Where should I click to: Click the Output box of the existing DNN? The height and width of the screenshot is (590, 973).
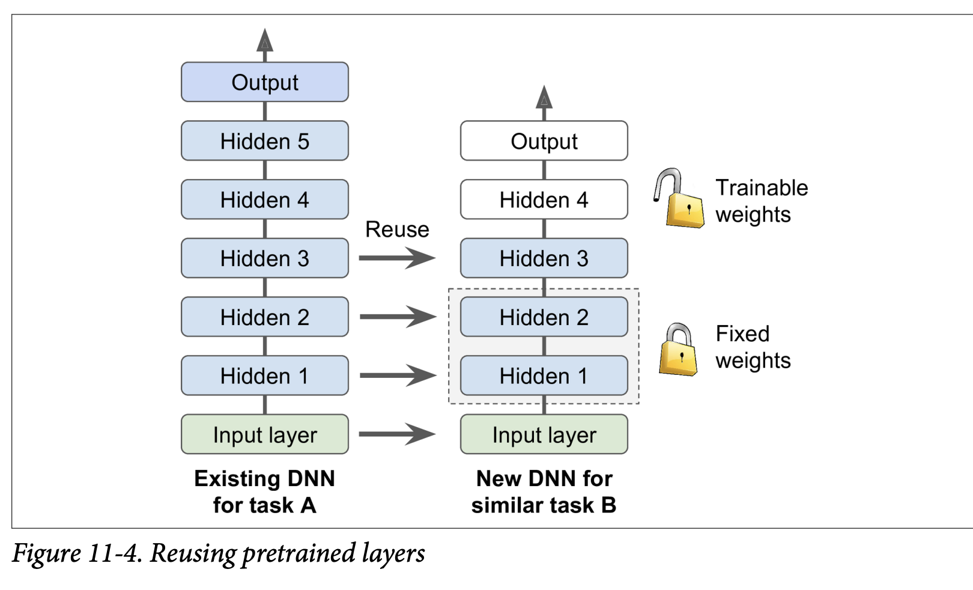pyautogui.click(x=265, y=82)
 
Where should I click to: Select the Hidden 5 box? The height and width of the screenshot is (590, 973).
pyautogui.click(x=265, y=141)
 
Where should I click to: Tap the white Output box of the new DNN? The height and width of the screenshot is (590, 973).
pyautogui.click(x=544, y=141)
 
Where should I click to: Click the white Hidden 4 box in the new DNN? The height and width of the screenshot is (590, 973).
pyautogui.click(x=544, y=199)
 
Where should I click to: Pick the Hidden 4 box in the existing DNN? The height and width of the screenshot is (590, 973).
pyautogui.click(x=265, y=199)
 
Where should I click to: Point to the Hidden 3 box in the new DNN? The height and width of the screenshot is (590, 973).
pyautogui.click(x=544, y=258)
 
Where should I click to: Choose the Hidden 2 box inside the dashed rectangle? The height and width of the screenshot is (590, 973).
pyautogui.click(x=544, y=317)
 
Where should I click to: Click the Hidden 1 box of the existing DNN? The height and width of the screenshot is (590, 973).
pyautogui.click(x=265, y=376)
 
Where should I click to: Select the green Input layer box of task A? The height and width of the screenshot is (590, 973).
pyautogui.click(x=265, y=434)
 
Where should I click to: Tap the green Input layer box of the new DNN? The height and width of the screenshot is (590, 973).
pyautogui.click(x=544, y=434)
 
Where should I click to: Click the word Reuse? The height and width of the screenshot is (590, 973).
pyautogui.click(x=397, y=230)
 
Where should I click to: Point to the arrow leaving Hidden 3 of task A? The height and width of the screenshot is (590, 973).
pyautogui.click(x=396, y=258)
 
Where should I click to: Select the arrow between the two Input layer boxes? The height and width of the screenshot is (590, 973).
pyautogui.click(x=396, y=434)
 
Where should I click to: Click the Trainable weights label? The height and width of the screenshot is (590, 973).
pyautogui.click(x=761, y=201)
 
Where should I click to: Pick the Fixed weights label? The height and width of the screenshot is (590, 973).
pyautogui.click(x=753, y=347)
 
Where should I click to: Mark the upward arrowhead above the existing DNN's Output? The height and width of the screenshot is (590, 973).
pyautogui.click(x=265, y=40)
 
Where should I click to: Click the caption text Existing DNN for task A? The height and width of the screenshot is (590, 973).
pyautogui.click(x=264, y=491)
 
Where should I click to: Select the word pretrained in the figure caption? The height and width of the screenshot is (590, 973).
pyautogui.click(x=299, y=553)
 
